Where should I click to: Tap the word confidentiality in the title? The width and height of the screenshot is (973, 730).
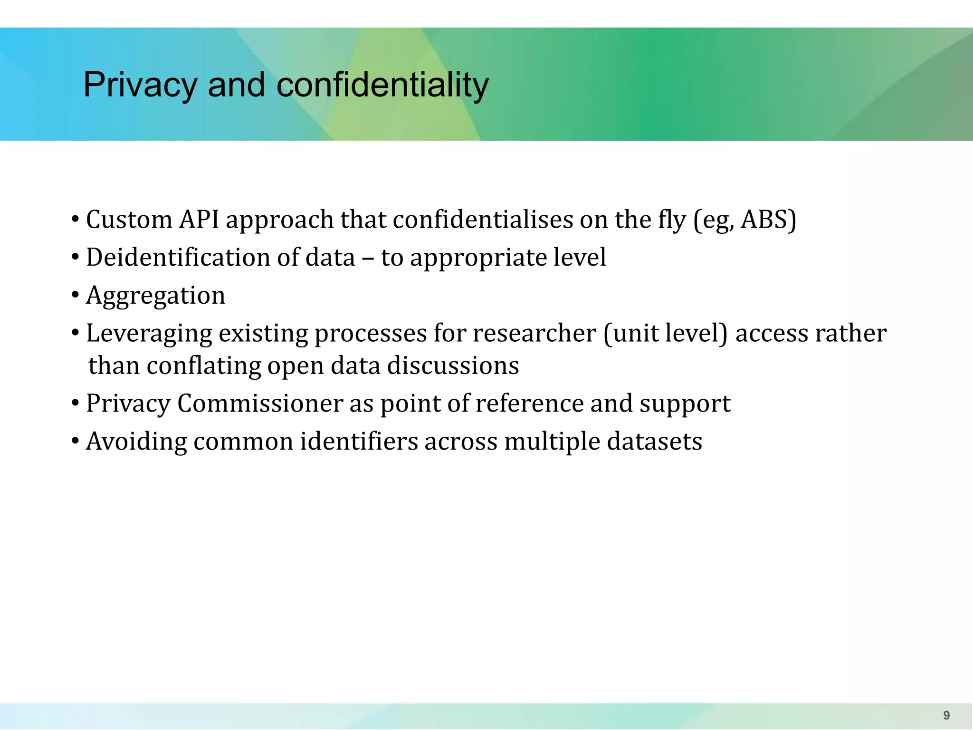pos(382,86)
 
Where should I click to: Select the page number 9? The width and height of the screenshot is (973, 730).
pos(946,715)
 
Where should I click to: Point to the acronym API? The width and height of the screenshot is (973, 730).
pos(199,220)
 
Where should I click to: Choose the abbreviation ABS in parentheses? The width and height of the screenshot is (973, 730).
pos(765,220)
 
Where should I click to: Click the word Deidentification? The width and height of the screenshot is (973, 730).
pos(178,258)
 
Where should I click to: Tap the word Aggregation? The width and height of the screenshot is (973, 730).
pos(155,296)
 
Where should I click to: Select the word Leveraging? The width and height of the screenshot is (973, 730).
pos(149,334)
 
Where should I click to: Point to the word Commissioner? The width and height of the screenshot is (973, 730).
pos(260,403)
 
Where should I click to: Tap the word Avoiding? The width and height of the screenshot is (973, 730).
pos(136,442)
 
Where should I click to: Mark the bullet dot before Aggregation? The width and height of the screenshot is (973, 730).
pos(75,295)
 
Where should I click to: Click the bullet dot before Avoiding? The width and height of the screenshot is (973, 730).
pos(75,442)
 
